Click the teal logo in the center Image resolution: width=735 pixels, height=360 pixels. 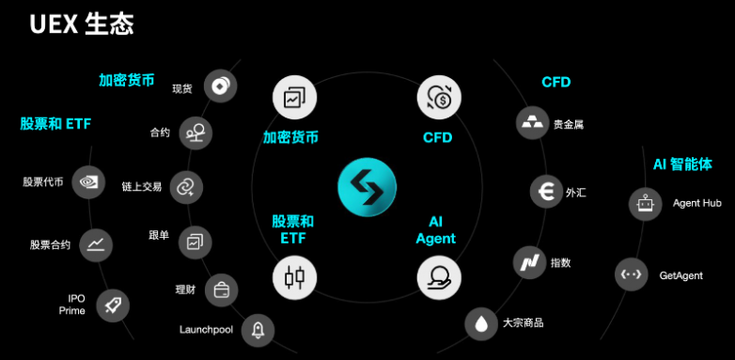(367, 187)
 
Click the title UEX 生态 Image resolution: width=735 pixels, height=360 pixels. (82, 24)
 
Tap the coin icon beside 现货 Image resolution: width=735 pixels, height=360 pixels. (220, 86)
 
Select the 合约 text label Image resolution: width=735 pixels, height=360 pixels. (161, 133)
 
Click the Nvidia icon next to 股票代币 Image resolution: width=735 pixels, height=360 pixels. (88, 181)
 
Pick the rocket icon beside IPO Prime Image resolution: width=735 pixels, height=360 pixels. (113, 305)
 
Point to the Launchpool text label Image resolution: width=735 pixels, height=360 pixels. (206, 330)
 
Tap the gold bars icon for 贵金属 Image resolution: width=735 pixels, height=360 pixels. (532, 123)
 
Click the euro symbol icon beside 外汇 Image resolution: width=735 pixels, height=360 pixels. (546, 192)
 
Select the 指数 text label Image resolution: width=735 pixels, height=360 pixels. (560, 262)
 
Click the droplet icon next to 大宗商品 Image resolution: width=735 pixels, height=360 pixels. (481, 323)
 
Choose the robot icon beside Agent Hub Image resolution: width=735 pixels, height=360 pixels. (645, 204)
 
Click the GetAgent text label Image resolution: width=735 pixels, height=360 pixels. (681, 275)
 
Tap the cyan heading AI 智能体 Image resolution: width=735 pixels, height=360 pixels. (682, 164)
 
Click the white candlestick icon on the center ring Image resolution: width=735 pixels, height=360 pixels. (295, 277)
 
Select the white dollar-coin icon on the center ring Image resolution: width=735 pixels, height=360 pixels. (439, 98)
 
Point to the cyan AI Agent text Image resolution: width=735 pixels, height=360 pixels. (435, 230)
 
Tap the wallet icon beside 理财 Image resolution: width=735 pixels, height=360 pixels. (221, 290)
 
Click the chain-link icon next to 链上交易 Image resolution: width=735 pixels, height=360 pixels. (186, 187)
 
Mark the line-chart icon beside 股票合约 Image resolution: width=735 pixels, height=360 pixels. (96, 244)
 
